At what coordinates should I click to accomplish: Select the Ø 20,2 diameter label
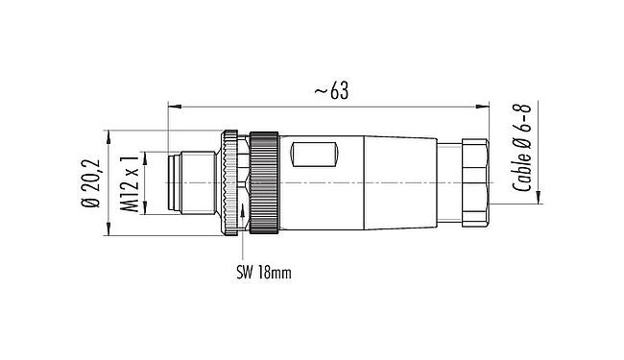pos(92,181)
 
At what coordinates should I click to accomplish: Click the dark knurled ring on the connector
pos(264,181)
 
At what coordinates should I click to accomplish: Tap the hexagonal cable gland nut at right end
pos(474,181)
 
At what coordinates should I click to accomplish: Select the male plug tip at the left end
pos(183,181)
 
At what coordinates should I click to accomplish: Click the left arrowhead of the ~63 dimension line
pos(172,103)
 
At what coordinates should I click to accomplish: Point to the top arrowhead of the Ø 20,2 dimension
pos(106,132)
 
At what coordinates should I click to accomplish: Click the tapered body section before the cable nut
pos(403,181)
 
